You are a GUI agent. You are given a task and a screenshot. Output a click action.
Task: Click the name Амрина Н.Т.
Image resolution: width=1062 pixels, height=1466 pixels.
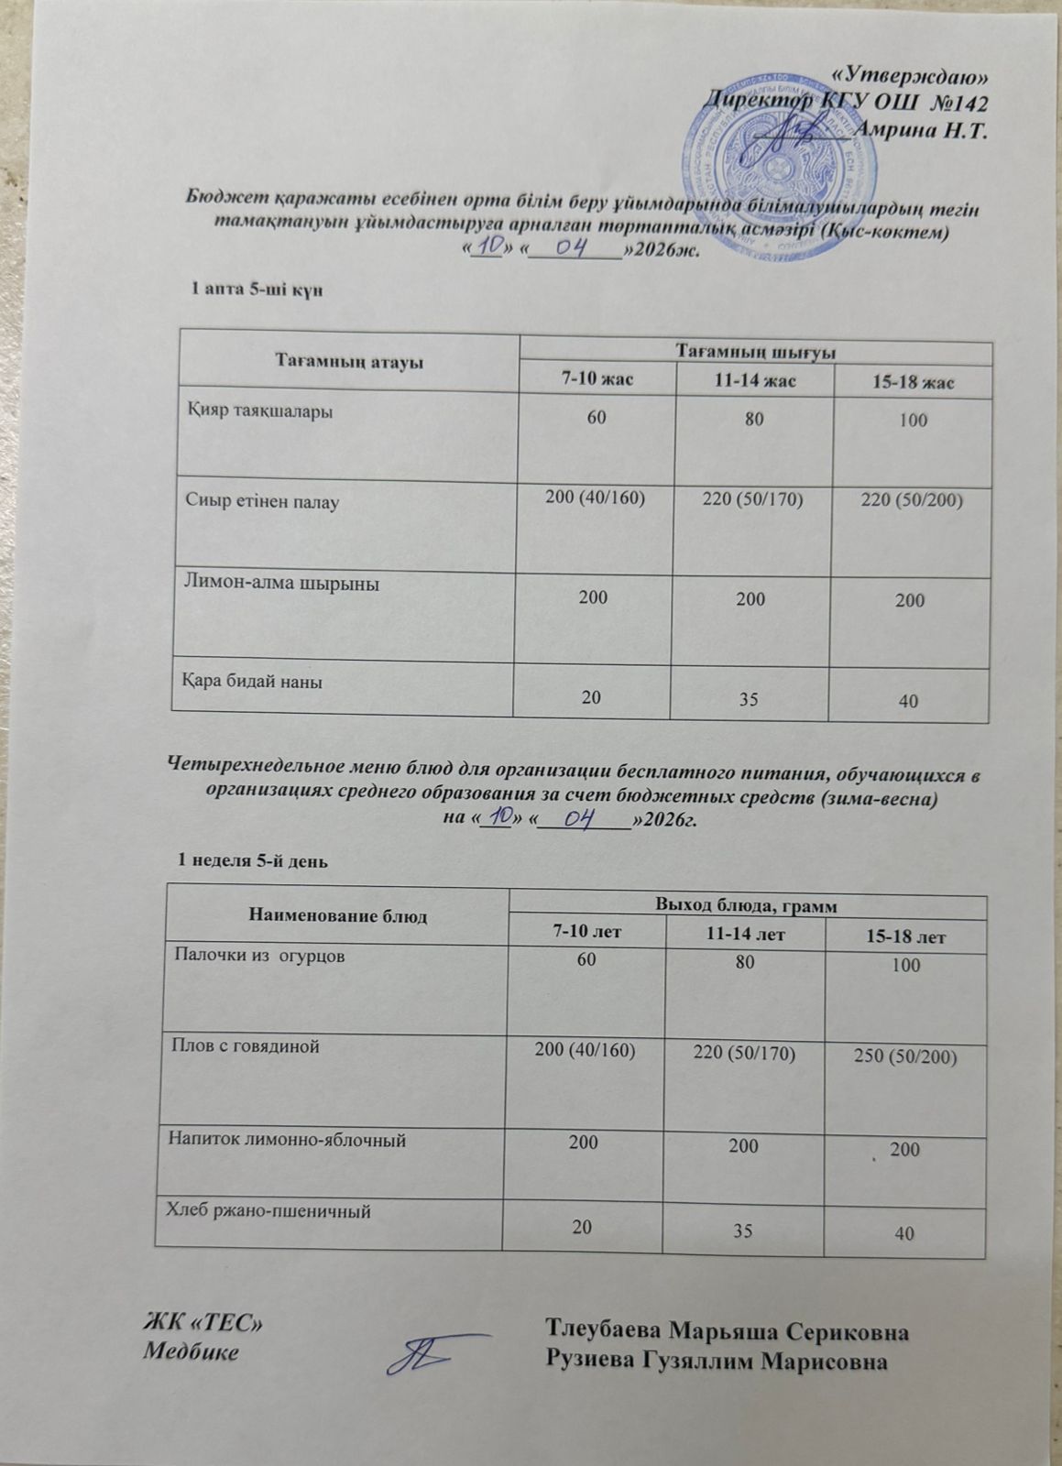point(918,128)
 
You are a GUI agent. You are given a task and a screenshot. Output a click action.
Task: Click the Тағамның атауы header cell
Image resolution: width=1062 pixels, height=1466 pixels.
point(348,362)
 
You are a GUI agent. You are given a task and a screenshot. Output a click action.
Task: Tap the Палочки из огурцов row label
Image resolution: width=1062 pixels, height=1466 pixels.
point(260,956)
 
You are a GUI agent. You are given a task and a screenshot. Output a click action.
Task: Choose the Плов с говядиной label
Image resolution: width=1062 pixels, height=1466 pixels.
point(243,1046)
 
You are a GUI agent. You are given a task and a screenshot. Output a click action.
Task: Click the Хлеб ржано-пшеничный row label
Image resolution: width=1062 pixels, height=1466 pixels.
point(268,1211)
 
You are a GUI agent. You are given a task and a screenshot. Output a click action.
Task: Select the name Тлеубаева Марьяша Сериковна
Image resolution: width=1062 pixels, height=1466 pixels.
point(728,1330)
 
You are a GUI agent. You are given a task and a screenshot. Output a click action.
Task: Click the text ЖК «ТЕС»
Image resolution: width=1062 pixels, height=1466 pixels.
point(205,1324)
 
